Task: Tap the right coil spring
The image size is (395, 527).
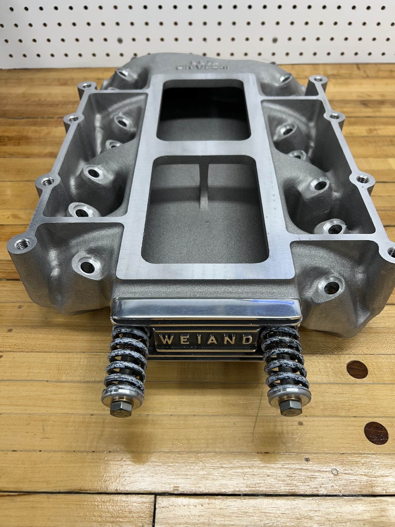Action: point(285,362)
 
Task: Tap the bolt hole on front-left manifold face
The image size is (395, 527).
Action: point(86,266)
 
